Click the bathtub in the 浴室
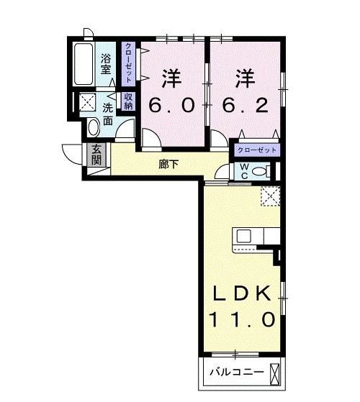pyautogui.click(x=84, y=64)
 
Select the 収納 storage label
pyautogui.click(x=128, y=101)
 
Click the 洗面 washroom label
pyautogui.click(x=108, y=114)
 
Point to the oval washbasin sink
pyautogui.click(x=94, y=127)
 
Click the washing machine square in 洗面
pyautogui.click(x=87, y=102)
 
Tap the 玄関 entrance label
pyautogui.click(x=96, y=155)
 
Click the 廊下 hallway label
pyautogui.click(x=168, y=164)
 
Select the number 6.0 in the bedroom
pyautogui.click(x=171, y=106)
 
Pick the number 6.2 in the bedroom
pyautogui.click(x=246, y=106)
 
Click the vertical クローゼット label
pyautogui.click(x=128, y=63)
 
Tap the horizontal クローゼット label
pyautogui.click(x=257, y=150)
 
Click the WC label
pyautogui.click(x=245, y=171)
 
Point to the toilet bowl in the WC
pyautogui.click(x=260, y=171)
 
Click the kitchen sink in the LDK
pyautogui.click(x=243, y=236)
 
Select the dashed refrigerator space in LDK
pyautogui.click(x=271, y=196)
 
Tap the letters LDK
pyautogui.click(x=242, y=293)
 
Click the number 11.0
pyautogui.click(x=242, y=319)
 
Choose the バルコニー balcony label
pyautogui.click(x=236, y=372)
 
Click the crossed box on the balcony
pyautogui.click(x=274, y=374)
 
